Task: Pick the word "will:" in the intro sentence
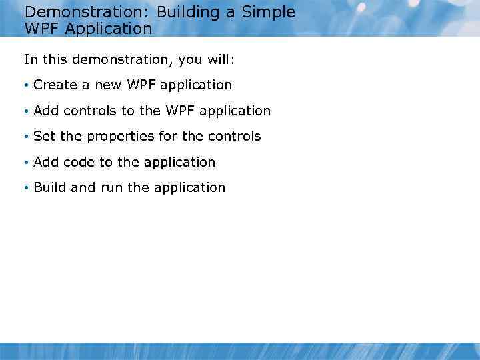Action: point(221,59)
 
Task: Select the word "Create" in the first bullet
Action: point(55,85)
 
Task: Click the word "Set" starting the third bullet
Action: point(44,136)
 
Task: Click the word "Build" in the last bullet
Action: point(50,187)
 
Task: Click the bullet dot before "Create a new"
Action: point(25,85)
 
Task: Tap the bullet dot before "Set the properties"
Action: point(25,137)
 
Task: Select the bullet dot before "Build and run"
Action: point(25,188)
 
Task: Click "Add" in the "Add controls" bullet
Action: point(46,111)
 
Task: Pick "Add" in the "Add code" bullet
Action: point(46,162)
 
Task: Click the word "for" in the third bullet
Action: point(168,136)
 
